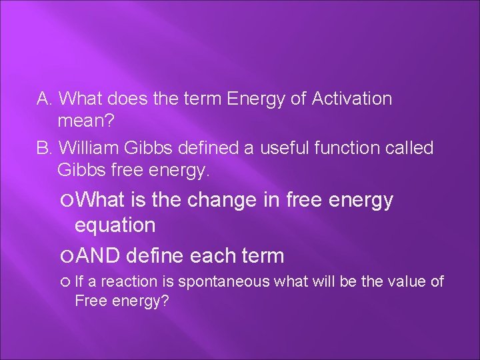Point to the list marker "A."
[x=45, y=99]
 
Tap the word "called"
[x=410, y=147]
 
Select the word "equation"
[x=115, y=225]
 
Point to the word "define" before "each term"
[x=155, y=255]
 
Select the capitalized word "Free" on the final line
[x=88, y=301]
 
